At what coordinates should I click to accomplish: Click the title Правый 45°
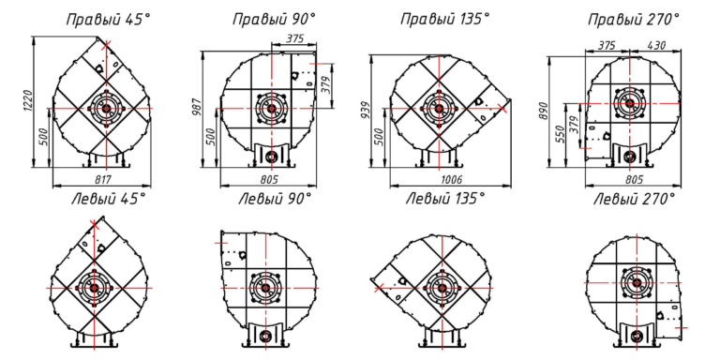(x=109, y=20)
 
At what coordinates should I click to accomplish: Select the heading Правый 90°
(x=274, y=20)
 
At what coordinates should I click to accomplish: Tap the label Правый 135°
(x=445, y=20)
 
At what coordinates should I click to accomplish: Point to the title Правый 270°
(x=634, y=20)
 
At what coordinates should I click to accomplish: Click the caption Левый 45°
(x=109, y=200)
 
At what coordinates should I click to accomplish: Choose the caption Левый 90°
(x=275, y=200)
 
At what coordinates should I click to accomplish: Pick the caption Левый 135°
(x=445, y=200)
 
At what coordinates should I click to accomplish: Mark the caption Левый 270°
(x=634, y=200)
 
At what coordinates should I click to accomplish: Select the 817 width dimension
(x=102, y=180)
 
